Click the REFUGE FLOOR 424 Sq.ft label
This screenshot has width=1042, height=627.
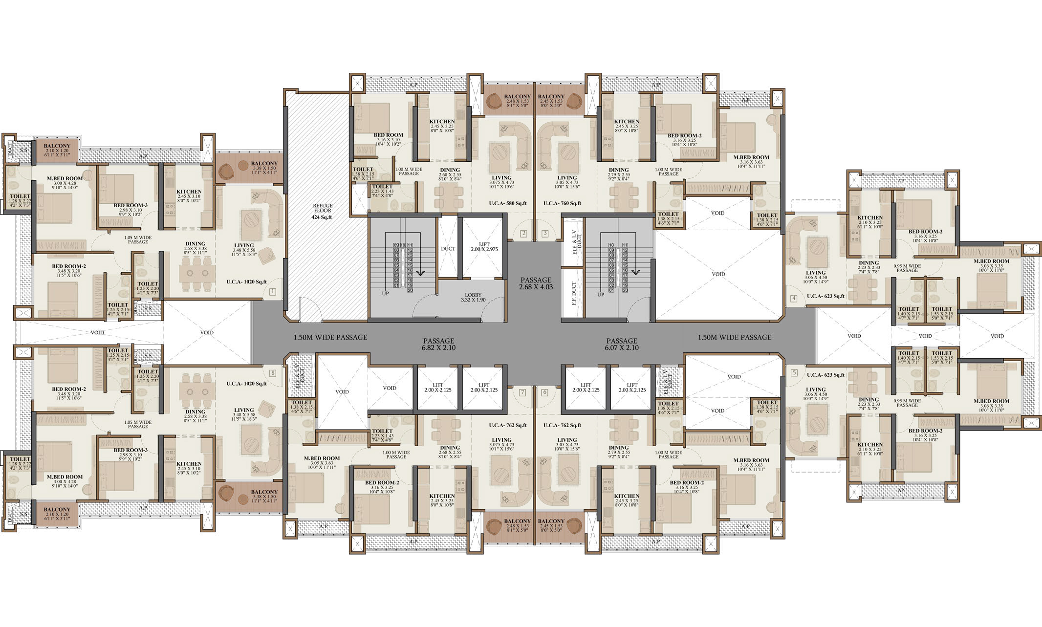pos(322,211)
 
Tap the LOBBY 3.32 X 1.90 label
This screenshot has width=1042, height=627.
pos(473,297)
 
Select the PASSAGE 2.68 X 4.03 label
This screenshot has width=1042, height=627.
pos(536,283)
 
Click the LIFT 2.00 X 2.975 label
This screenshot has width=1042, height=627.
pos(484,246)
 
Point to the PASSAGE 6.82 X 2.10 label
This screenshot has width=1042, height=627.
pos(438,344)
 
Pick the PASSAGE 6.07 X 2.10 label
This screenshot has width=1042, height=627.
pos(622,344)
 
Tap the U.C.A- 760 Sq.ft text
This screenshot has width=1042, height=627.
pos(562,203)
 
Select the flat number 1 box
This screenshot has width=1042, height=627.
pos(272,292)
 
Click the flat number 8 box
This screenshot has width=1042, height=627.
pos(272,373)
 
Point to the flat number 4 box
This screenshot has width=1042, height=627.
pos(794,299)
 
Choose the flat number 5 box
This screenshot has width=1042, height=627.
pos(794,373)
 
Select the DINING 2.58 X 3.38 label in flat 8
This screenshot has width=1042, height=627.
pos(195,414)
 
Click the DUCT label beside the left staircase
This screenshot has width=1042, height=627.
pos(448,249)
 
